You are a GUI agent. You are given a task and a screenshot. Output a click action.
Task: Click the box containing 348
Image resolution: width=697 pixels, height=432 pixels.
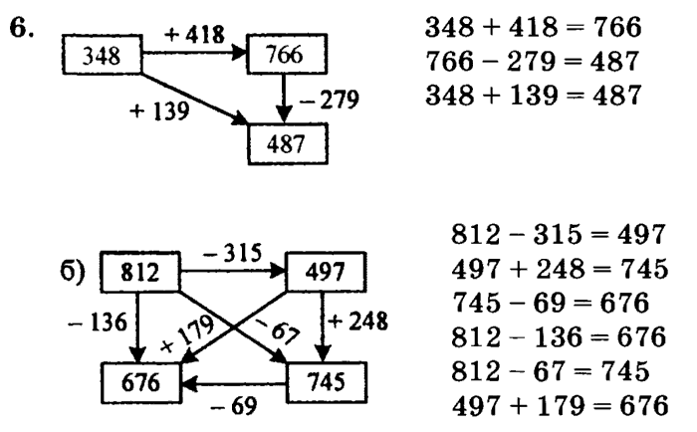coord(103,56)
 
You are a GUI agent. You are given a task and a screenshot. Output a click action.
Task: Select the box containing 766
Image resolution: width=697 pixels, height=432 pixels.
coord(286,56)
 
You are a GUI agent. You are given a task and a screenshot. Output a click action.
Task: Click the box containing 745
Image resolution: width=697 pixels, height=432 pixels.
coord(327,379)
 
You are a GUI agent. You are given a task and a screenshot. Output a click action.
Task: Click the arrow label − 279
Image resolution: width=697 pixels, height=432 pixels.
coord(333,100)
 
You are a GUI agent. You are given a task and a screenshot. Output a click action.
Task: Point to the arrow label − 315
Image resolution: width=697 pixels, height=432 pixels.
coord(233,252)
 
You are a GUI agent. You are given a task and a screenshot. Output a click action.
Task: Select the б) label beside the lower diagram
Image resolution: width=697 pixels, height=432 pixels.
coord(76,272)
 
